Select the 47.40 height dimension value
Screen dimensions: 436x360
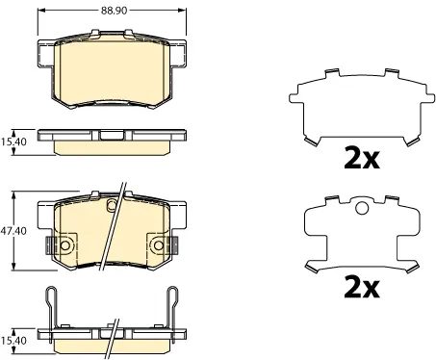(13, 231)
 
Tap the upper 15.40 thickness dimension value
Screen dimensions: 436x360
(13, 141)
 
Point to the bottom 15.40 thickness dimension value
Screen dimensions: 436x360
(13, 341)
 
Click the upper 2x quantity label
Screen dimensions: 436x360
(362, 158)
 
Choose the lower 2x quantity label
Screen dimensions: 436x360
(362, 287)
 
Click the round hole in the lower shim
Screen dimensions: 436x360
(362, 208)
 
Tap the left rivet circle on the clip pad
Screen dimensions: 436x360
(65, 245)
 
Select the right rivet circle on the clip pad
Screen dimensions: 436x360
(159, 245)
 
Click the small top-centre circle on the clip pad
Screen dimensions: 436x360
(112, 204)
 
